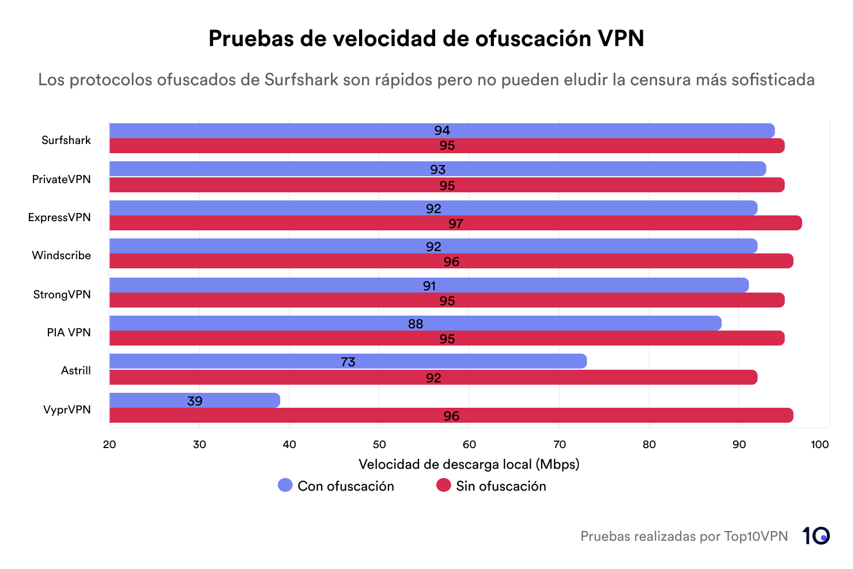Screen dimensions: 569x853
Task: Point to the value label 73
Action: click(348, 362)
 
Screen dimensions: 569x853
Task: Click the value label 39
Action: click(195, 401)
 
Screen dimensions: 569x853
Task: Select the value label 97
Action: click(456, 223)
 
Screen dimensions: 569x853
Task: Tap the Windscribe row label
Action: click(61, 255)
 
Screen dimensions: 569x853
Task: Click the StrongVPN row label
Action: click(62, 294)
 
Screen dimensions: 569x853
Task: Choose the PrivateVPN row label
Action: click(61, 179)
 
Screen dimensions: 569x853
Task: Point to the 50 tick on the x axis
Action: click(379, 444)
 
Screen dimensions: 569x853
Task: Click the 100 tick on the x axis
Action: click(820, 444)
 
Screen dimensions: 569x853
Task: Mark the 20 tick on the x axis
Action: click(110, 444)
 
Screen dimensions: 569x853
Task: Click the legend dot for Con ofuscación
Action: click(285, 485)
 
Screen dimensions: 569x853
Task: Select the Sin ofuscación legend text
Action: click(501, 486)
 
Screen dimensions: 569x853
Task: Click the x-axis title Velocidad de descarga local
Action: click(469, 464)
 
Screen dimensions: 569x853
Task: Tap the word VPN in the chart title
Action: click(621, 39)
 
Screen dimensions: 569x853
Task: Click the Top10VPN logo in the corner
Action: click(816, 536)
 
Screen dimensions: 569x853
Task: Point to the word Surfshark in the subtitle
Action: click(301, 79)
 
